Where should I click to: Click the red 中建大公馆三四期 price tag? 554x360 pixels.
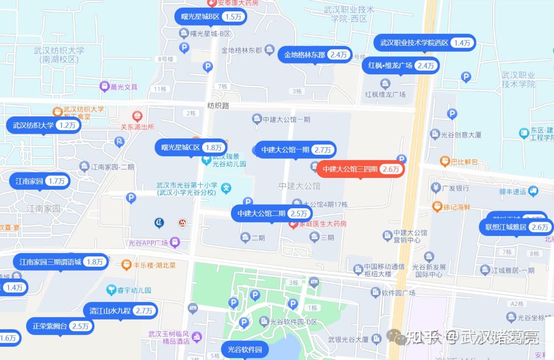tap(361, 169)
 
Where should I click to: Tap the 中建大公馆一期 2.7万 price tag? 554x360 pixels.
tap(295, 150)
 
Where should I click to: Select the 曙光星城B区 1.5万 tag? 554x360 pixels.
tap(210, 16)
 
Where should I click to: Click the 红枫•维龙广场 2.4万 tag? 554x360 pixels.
tap(401, 66)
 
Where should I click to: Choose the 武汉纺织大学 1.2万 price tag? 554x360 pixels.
tap(43, 125)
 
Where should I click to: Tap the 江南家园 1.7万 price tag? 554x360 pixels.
tap(39, 181)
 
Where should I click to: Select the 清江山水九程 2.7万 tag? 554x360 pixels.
tap(120, 311)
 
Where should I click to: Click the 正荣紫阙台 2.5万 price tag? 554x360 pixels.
tap(60, 326)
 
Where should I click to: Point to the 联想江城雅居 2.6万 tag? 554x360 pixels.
tap(516, 227)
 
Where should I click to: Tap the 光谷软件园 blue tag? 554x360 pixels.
tap(245, 350)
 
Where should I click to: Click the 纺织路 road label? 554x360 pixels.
tap(218, 106)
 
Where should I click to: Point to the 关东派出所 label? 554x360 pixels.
tap(137, 127)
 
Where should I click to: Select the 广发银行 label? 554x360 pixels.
tap(456, 188)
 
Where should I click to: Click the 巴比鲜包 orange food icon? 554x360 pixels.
tap(446, 162)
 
